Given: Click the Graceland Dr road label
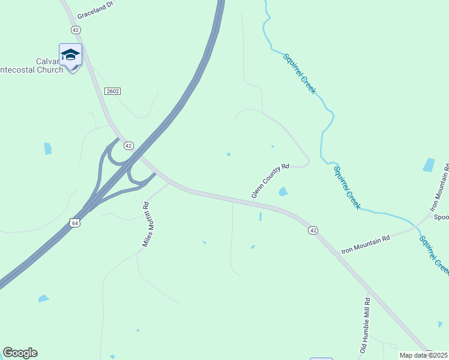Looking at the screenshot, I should [x=95, y=7].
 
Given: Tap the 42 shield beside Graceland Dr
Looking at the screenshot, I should [x=75, y=29].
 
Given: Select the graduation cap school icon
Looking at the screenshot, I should [x=70, y=55].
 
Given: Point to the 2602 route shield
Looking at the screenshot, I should [x=112, y=91].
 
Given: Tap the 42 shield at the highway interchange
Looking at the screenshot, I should [x=128, y=146].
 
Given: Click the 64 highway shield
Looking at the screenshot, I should [x=74, y=223].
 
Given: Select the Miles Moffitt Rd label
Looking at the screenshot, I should [x=145, y=224].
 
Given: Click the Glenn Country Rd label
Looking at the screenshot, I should [x=270, y=181].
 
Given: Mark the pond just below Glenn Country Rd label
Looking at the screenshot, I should [x=282, y=192].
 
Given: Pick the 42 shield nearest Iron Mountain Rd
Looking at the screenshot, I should [x=313, y=230].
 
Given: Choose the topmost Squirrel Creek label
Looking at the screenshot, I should [x=300, y=73].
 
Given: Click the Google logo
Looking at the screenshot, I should [x=20, y=353].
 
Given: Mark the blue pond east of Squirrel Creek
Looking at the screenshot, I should [x=429, y=164].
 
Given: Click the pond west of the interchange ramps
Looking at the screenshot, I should [x=47, y=148].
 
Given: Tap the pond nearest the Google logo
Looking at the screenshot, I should [x=43, y=298].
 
